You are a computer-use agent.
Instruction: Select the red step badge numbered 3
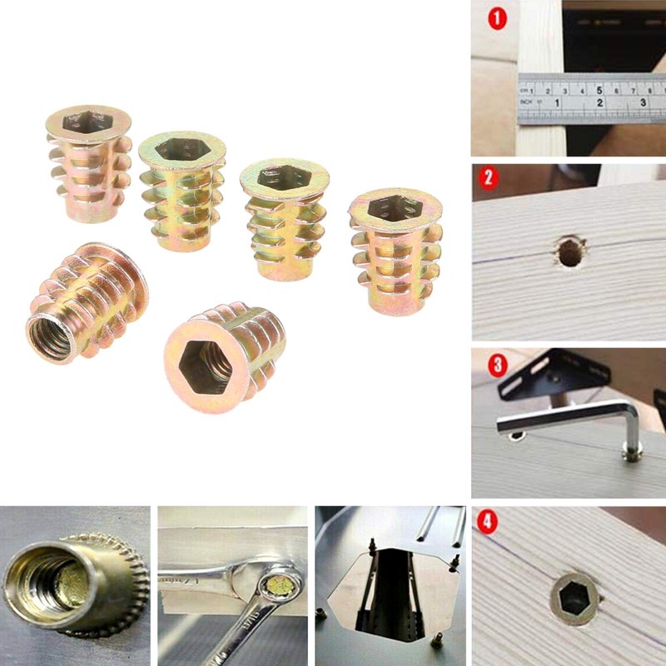coord(498,365)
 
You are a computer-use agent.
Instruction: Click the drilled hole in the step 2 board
coord(570,251)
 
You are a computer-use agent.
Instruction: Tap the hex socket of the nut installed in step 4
coord(575,597)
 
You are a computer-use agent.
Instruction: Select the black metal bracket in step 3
coord(549,370)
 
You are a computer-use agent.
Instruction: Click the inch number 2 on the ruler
coord(600,103)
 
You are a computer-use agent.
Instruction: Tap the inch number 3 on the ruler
coord(644,103)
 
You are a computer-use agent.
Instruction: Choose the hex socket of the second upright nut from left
coord(181,148)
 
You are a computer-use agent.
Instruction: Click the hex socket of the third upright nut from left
coord(282,176)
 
